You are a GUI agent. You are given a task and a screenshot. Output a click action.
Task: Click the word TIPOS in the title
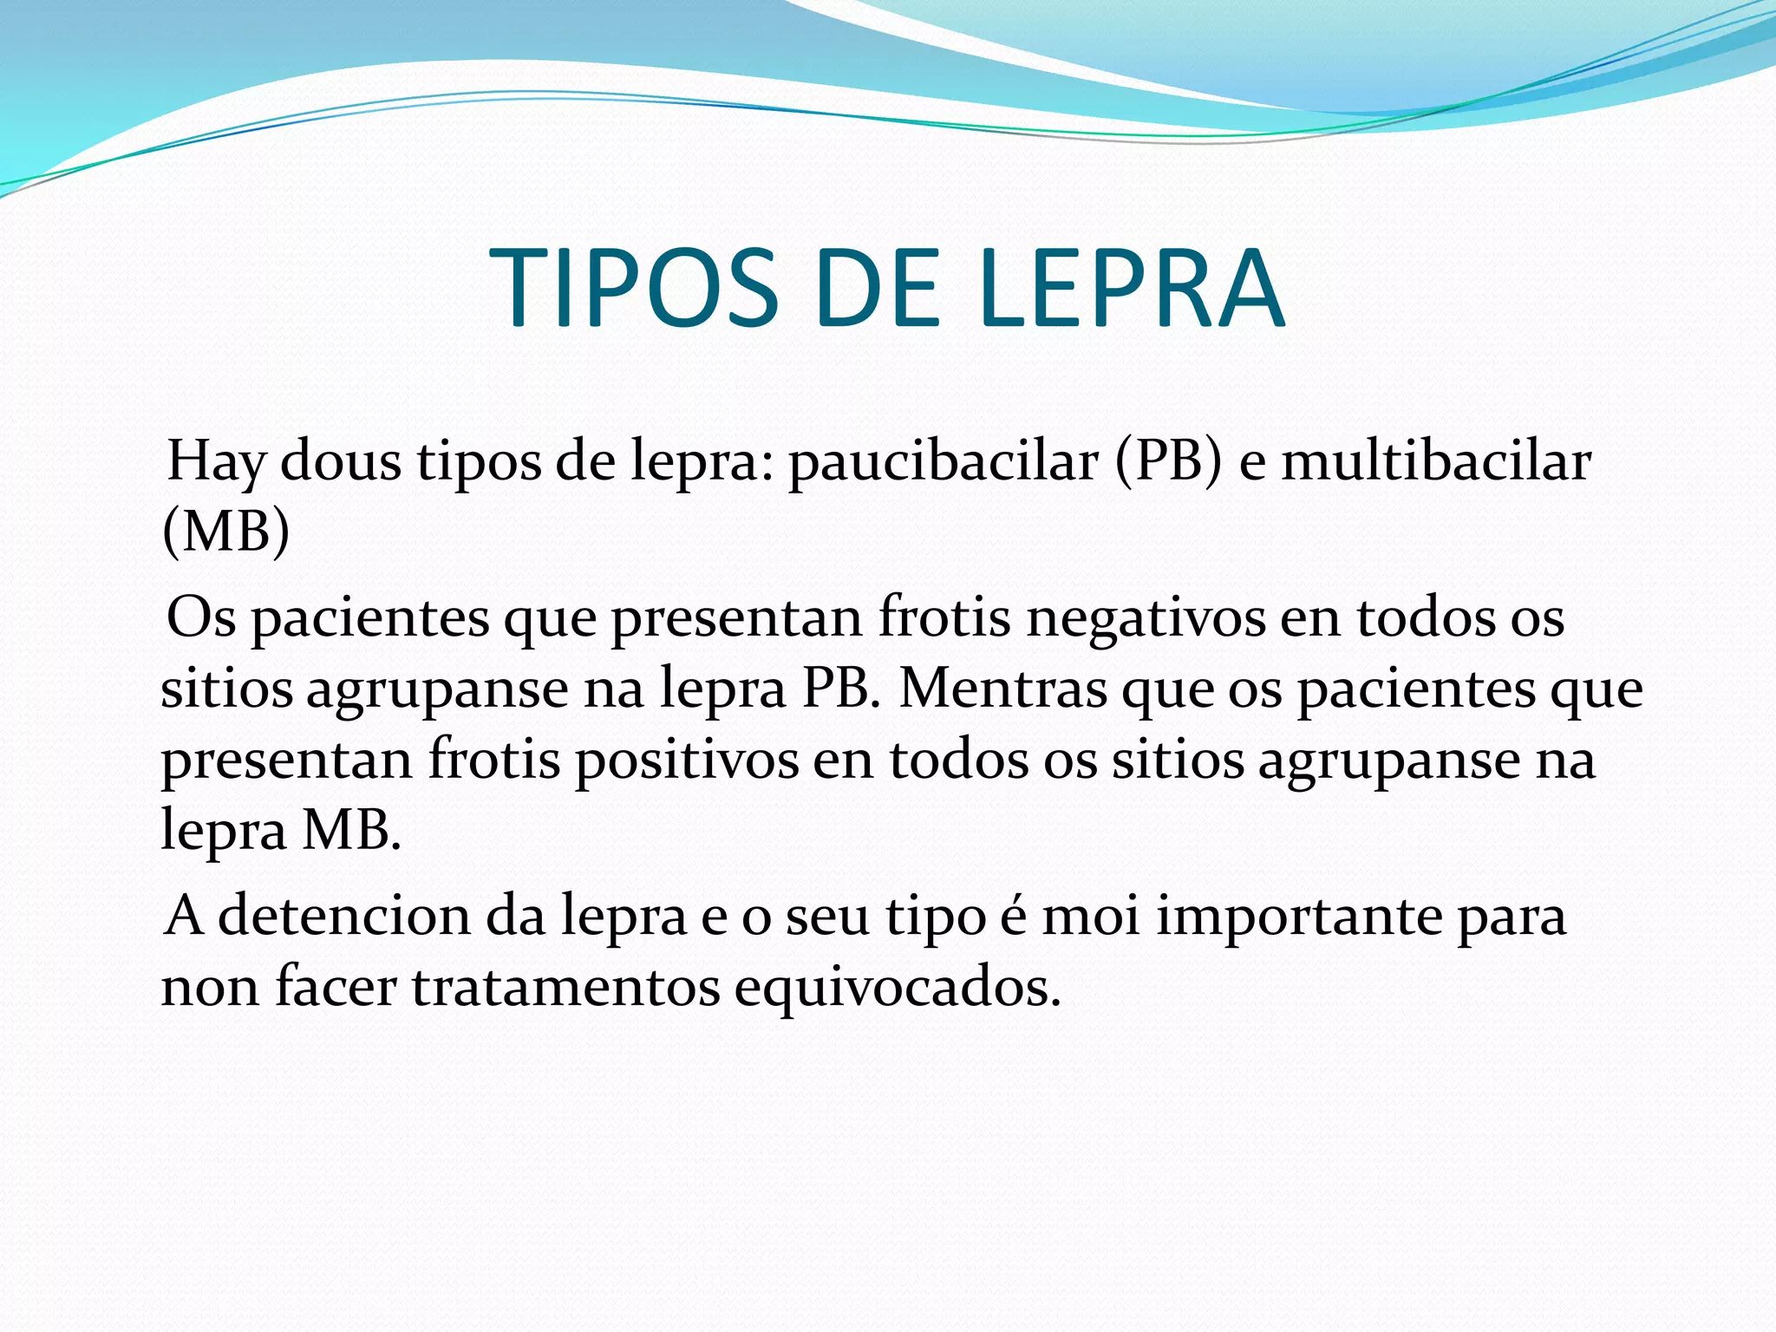click(634, 289)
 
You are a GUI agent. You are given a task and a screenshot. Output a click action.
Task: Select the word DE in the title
click(878, 289)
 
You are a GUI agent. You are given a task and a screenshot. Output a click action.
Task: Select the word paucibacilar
click(943, 461)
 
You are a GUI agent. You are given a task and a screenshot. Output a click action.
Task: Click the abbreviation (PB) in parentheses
click(1168, 461)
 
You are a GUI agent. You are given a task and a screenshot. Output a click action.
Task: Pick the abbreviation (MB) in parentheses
click(225, 531)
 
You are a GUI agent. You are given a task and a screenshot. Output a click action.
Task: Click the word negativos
click(1146, 619)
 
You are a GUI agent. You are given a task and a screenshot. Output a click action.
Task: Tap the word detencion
click(343, 917)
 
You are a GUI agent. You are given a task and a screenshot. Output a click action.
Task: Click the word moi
click(1091, 917)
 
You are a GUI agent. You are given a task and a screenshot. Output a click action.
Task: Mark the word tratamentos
click(565, 988)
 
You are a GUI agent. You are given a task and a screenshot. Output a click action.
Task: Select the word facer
click(335, 988)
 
